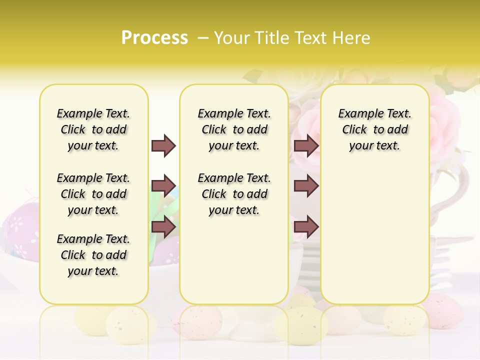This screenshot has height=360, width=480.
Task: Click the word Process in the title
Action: pyautogui.click(x=154, y=38)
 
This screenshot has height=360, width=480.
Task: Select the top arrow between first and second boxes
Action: pyautogui.click(x=163, y=145)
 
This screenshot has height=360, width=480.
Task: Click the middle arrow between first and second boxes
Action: pyautogui.click(x=163, y=186)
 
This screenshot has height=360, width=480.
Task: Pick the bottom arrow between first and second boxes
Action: pyautogui.click(x=163, y=227)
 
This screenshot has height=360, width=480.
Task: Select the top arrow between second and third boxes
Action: pyautogui.click(x=306, y=145)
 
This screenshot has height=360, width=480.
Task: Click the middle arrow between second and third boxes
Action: pyautogui.click(x=306, y=186)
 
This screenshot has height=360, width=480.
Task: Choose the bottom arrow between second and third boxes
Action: pyautogui.click(x=306, y=227)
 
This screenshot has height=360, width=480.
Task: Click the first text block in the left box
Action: pyautogui.click(x=93, y=129)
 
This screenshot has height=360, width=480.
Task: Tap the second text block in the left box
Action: pyautogui.click(x=93, y=194)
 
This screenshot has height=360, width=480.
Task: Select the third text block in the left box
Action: pyautogui.click(x=93, y=255)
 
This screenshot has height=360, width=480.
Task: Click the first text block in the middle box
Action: pyautogui.click(x=234, y=129)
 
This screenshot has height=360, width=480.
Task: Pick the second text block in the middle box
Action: pyautogui.click(x=234, y=194)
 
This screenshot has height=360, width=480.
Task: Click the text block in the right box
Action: pyautogui.click(x=374, y=129)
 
